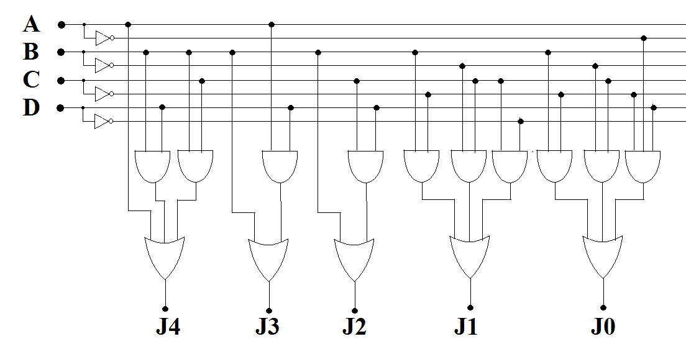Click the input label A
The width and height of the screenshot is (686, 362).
pos(32,24)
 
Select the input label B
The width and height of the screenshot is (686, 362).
pos(31,52)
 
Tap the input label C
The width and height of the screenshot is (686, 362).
pos(31,80)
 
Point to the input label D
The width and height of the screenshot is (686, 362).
pos(31,107)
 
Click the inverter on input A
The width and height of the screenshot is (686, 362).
pos(104,38)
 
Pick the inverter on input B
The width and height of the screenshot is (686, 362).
pos(103,65)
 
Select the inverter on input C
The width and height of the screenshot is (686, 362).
pos(103,94)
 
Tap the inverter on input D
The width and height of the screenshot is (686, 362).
pos(103,121)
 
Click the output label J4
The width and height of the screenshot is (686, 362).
pos(168,327)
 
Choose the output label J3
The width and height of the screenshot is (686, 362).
pos(268,327)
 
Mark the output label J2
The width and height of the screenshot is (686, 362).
pos(354,327)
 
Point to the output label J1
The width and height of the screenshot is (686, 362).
pos(466,327)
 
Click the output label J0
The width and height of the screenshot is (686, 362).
pos(603,327)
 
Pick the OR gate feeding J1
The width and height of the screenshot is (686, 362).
pos(470,255)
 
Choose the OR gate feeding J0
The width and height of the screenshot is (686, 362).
pos(603,255)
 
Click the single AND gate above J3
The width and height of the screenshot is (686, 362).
pos(280,166)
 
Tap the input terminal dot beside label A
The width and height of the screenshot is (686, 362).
pos(61,25)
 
